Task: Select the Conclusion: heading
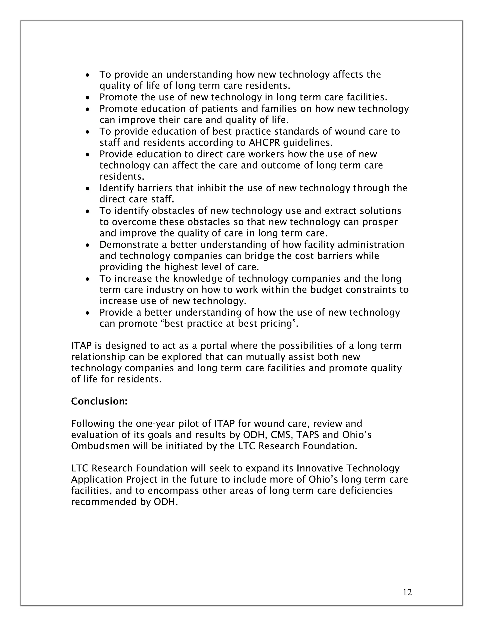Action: [x=99, y=401]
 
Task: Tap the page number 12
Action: [x=407, y=592]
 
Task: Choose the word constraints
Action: [x=372, y=290]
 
